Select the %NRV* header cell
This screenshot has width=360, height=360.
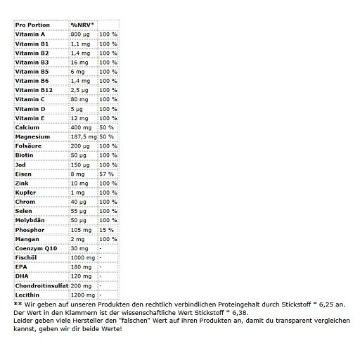pos(82,25)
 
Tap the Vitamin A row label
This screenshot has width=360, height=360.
pos(30,34)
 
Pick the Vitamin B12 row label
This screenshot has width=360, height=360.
pos(33,89)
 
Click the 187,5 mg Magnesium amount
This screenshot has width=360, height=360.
pos(82,136)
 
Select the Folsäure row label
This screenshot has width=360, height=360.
pos(30,146)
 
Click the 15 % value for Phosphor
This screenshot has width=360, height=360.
pos(106,229)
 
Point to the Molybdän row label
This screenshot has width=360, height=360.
pos(31,220)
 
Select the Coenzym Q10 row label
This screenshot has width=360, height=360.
pos(36,248)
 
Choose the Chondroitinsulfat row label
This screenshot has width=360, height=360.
pos(41,285)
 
